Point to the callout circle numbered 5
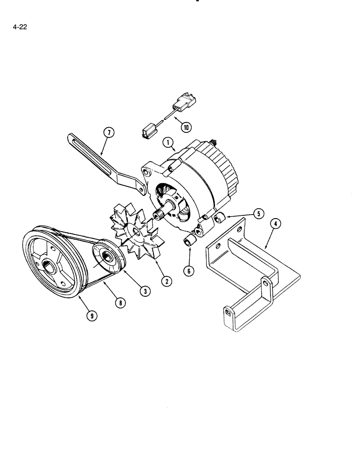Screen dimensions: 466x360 259,213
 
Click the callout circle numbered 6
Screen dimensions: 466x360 189,270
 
